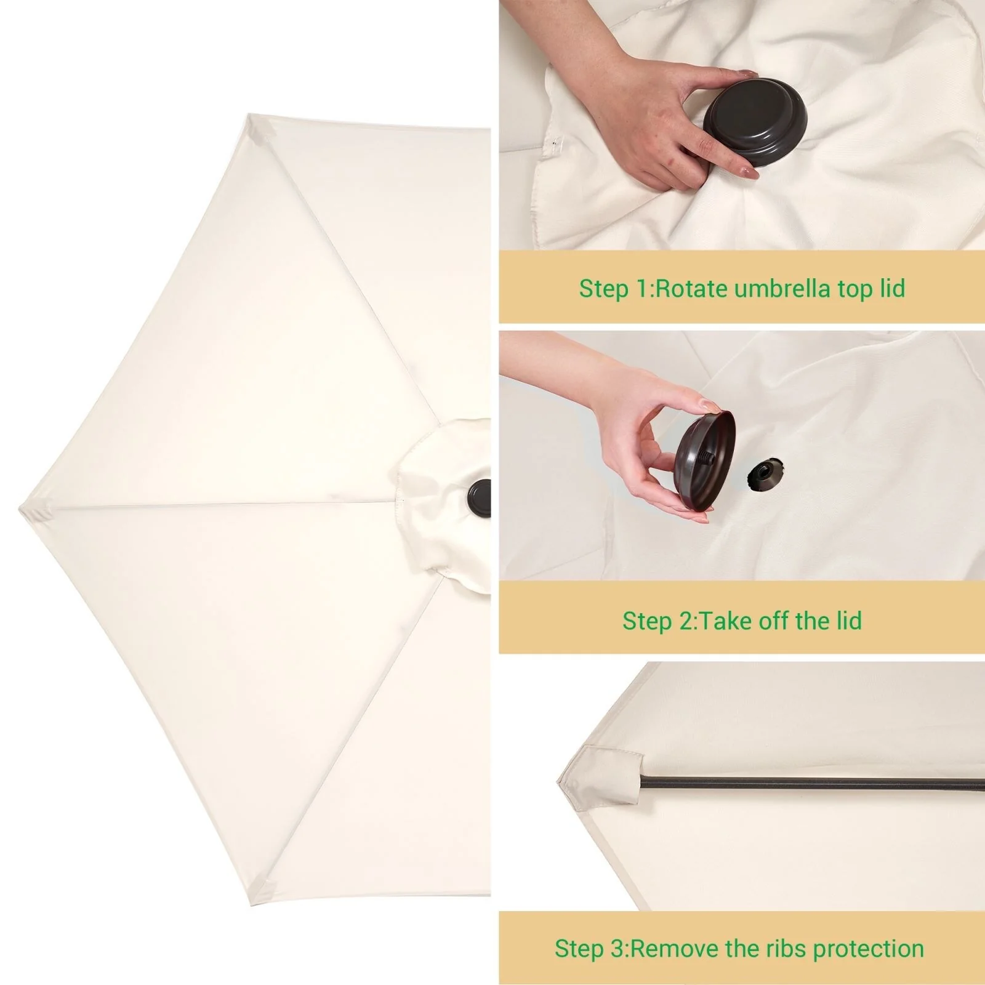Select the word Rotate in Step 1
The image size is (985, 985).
click(x=691, y=288)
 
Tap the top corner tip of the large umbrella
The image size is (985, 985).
click(x=248, y=114)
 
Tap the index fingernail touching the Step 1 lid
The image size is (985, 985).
click(x=749, y=74)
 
